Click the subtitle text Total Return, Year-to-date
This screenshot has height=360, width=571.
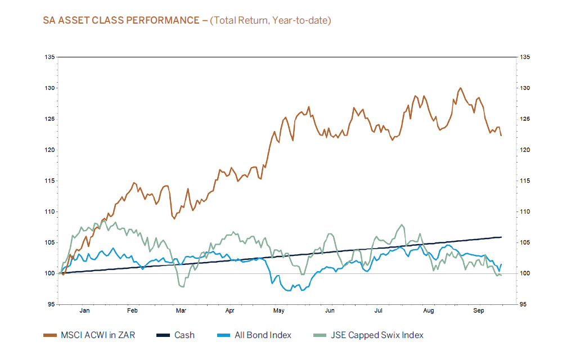coord(271,21)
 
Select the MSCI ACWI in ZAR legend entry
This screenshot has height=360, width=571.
coord(96,335)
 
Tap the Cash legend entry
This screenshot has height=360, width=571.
coord(184,335)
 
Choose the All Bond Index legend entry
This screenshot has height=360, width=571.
coord(263,335)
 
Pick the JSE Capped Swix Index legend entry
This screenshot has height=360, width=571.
coord(375,335)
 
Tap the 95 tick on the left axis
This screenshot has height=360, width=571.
coord(51,304)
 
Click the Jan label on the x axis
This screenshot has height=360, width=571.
coord(84,310)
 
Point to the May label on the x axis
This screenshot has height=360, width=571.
coord(278,310)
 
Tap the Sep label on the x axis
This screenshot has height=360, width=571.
coord(479,310)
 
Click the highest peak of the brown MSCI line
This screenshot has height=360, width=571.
coord(460,88)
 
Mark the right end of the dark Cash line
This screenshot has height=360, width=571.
coord(501,237)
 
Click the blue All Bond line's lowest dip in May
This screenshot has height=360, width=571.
coord(289,291)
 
